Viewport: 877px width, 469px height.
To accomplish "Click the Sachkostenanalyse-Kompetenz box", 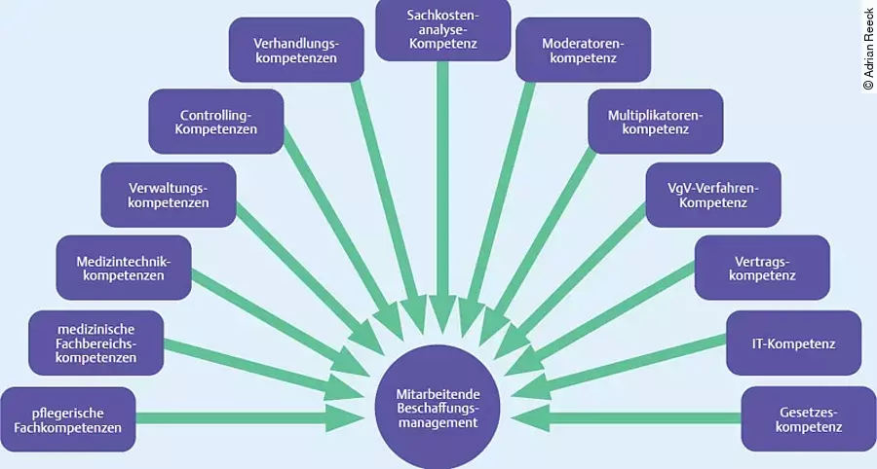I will tap(442, 29).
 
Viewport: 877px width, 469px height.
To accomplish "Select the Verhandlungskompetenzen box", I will tap(295, 50).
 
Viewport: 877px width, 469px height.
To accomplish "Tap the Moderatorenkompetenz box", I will tap(583, 50).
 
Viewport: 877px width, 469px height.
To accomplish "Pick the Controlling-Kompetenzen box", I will tap(216, 121).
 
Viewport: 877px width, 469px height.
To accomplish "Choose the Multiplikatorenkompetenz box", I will tap(655, 121).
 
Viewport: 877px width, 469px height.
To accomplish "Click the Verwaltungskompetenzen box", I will tap(169, 196).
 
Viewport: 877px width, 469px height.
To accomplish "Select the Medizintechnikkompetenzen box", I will tap(123, 268).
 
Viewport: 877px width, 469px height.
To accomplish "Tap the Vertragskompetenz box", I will tap(762, 268).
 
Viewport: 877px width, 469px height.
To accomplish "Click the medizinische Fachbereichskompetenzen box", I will tap(95, 343).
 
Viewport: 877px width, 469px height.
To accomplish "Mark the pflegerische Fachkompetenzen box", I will tap(67, 418).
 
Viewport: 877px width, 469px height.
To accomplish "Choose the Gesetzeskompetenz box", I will tap(801, 418).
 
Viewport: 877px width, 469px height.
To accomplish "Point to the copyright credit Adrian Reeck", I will tap(868, 49).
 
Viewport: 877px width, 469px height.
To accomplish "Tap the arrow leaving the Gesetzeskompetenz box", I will tap(633, 418).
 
